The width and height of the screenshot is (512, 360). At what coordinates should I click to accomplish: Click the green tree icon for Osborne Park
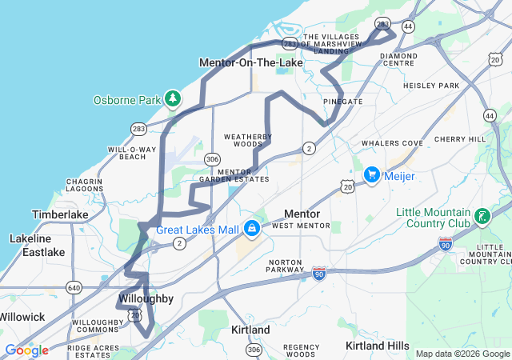pos(173,99)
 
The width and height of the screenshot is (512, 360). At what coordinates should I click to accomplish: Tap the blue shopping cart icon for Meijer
pos(371,174)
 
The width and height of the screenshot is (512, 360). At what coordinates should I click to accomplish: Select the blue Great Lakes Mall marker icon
pos(252,229)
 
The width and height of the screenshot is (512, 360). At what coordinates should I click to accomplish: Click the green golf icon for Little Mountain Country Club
pos(482,216)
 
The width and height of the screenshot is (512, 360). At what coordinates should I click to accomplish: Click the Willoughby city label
pos(146,298)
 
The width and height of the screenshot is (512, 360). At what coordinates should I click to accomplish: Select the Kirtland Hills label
pos(377,345)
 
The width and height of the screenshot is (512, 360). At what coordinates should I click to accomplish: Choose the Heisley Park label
pos(431,86)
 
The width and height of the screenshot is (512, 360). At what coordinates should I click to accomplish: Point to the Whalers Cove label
pos(392,143)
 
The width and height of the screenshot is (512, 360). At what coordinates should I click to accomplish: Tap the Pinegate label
pos(342,102)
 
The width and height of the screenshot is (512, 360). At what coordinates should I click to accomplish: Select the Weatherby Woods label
pos(243,140)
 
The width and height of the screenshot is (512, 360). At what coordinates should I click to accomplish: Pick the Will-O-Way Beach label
pos(132,153)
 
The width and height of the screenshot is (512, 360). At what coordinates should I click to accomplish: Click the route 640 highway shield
pos(74,287)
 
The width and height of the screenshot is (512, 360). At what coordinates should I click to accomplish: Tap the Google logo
pos(26,350)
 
